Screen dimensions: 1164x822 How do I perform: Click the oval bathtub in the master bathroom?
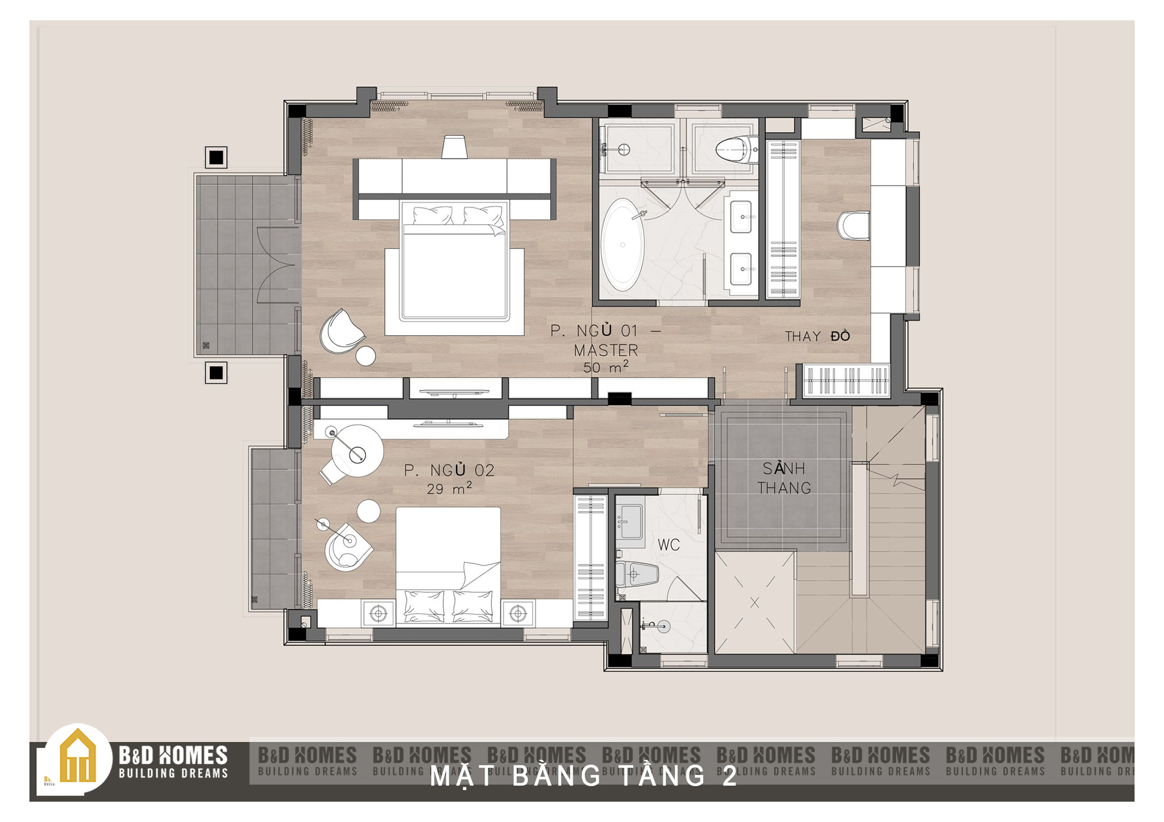coord(622,245)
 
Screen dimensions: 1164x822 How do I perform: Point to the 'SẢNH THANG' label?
coord(784,478)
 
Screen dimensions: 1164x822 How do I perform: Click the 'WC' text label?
coord(669,545)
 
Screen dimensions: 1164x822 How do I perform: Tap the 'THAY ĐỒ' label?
coord(817,336)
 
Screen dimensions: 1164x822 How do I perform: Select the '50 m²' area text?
coord(606,367)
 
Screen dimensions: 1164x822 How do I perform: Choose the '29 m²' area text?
coord(449,488)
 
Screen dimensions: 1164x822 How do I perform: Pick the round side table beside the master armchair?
coord(366,356)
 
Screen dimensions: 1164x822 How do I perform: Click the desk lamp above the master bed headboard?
coord(455,147)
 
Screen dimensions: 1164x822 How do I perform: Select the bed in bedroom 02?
coord(448,565)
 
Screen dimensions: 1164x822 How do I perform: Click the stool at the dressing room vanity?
coord(853,226)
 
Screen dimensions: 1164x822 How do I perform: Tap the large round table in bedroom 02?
coord(357,451)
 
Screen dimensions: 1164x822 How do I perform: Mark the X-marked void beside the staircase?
coord(755,602)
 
